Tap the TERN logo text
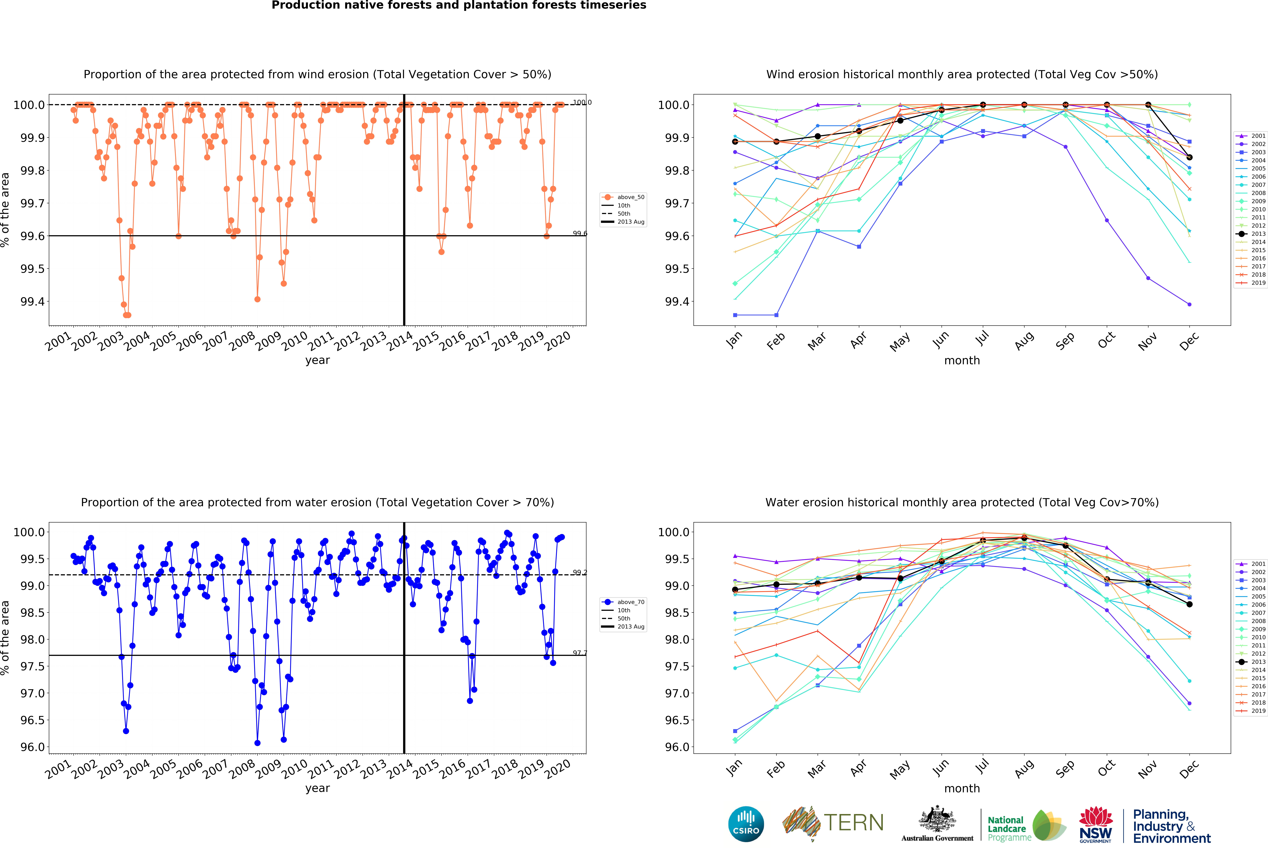pyautogui.click(x=854, y=823)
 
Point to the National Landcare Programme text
pyautogui.click(x=1009, y=829)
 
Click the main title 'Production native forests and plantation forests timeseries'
pyautogui.click(x=459, y=6)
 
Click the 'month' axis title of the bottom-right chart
pyautogui.click(x=962, y=788)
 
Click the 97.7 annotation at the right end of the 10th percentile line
pyautogui.click(x=580, y=653)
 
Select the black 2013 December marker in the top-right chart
pyautogui.click(x=1189, y=157)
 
